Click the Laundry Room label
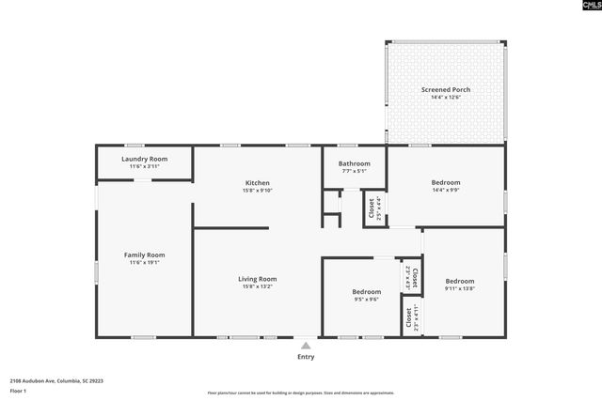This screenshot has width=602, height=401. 145,159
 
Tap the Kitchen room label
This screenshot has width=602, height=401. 258,183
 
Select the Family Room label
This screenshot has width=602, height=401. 145,254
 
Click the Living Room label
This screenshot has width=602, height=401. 257,278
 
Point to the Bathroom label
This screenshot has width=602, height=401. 354,163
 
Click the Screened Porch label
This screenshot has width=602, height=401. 446,90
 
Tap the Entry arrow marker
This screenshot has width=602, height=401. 306,346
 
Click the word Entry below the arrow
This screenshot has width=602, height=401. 306,357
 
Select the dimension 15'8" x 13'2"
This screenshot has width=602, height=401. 257,286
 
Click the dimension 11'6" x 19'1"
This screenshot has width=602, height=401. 145,263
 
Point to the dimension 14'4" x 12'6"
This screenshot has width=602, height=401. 446,98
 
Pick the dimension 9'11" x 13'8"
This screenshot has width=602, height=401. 460,289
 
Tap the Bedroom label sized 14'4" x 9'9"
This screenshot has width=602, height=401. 446,182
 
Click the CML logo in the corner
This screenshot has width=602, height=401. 584,7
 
